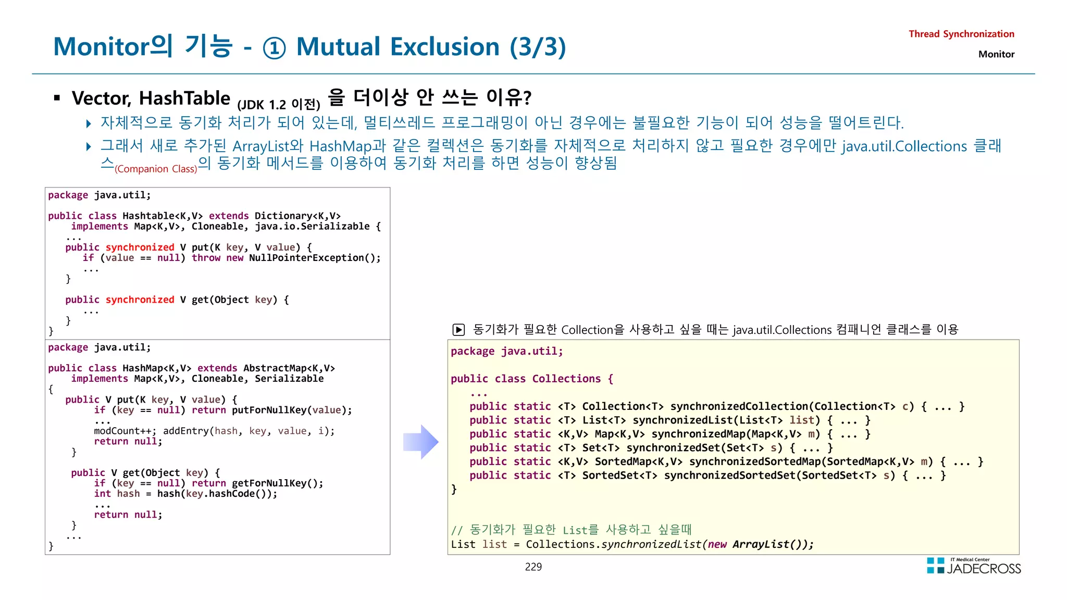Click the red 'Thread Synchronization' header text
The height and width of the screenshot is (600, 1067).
(x=961, y=34)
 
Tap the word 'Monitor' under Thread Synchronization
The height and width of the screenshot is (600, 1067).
(x=996, y=54)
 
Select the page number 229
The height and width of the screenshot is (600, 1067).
(x=533, y=567)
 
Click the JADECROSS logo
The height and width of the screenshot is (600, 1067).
(x=974, y=566)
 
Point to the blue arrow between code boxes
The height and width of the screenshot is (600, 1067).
(x=421, y=442)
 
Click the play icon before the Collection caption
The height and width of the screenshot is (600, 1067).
(x=458, y=329)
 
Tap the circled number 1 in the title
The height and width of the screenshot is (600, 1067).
(x=274, y=48)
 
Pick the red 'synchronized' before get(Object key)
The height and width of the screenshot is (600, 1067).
(x=140, y=299)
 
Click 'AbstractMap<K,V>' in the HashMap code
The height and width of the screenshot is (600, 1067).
(x=289, y=368)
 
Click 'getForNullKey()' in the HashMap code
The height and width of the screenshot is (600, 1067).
(x=277, y=483)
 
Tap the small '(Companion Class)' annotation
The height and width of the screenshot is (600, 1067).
(x=156, y=169)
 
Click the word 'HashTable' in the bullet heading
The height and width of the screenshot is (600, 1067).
(x=184, y=98)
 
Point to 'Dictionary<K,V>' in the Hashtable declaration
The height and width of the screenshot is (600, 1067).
(x=297, y=216)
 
